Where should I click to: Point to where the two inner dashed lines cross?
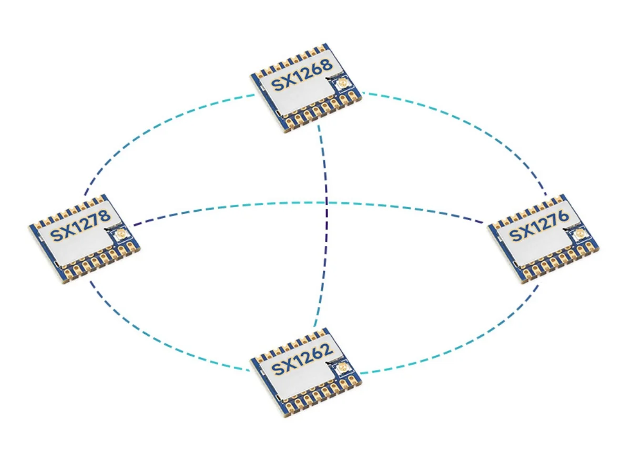click(x=327, y=202)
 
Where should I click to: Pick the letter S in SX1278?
click(x=55, y=235)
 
